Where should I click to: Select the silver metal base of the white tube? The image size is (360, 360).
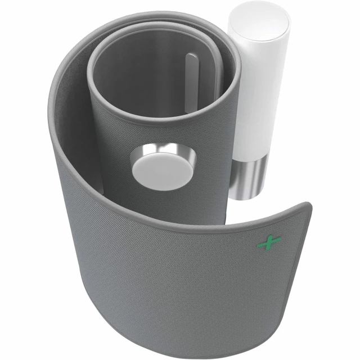coord(247,177)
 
